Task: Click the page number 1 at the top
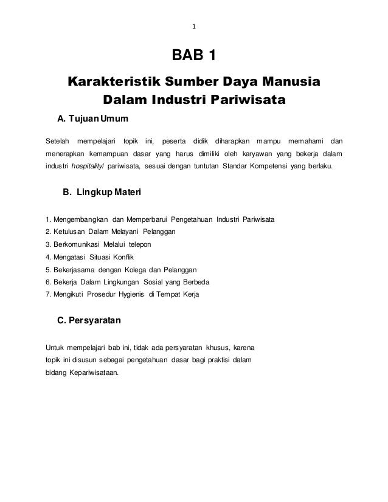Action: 193,26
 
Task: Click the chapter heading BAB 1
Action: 193,58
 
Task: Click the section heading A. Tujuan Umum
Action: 92,117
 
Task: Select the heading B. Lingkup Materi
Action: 102,194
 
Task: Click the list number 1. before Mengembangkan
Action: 49,219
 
